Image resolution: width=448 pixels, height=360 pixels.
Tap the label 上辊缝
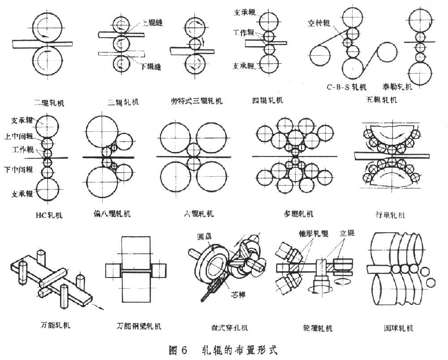151,24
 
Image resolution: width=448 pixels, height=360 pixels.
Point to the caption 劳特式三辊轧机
197,100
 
